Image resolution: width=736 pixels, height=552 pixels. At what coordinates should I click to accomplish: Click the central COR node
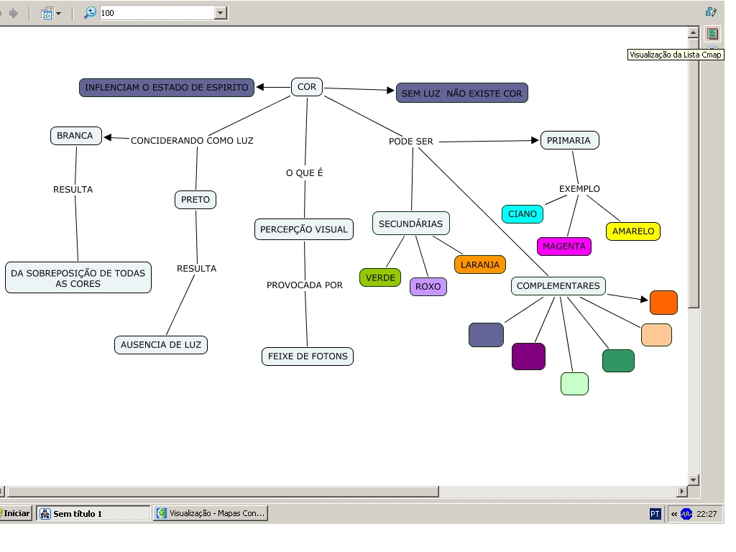[307, 87]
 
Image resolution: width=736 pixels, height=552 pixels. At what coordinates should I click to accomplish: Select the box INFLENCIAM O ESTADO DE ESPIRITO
[167, 88]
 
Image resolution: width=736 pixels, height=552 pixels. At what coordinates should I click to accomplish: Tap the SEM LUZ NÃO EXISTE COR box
[462, 93]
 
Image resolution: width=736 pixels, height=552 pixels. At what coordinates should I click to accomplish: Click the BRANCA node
[75, 135]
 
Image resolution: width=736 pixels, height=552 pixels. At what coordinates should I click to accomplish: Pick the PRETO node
[195, 199]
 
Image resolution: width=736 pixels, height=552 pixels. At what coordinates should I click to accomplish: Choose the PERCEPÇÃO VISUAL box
[304, 229]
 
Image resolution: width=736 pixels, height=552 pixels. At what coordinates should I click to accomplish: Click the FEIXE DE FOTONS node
[308, 356]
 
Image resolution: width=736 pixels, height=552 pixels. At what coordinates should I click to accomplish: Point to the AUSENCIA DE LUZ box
[161, 344]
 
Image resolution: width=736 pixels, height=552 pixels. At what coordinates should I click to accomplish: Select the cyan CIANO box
[523, 213]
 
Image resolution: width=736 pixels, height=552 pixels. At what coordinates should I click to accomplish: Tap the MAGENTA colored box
[564, 247]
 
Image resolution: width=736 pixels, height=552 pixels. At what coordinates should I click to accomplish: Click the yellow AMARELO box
[633, 231]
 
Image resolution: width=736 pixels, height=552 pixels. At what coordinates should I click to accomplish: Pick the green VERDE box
[380, 277]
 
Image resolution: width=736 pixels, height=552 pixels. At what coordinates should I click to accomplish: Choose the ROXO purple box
[428, 287]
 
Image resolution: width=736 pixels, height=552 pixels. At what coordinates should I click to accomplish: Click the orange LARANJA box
[480, 264]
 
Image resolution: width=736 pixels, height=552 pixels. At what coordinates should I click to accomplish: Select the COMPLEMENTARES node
[558, 285]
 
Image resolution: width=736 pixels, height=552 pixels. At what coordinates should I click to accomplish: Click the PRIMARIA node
[569, 140]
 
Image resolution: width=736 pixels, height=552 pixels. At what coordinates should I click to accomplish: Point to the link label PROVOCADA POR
[305, 285]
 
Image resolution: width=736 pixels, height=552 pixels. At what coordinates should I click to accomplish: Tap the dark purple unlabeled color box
[528, 356]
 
